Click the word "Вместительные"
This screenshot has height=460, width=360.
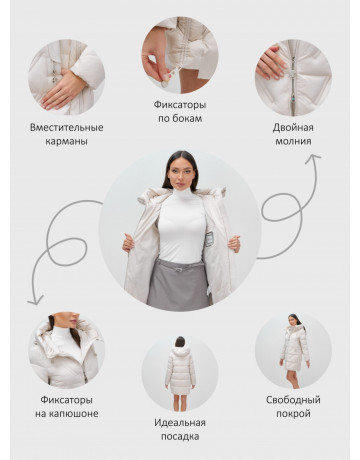coord(67,128)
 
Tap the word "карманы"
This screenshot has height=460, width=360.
coord(67,141)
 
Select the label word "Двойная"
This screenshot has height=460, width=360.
coord(293,128)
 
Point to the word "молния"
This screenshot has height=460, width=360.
coord(293,141)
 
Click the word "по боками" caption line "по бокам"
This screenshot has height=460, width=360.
coord(180,119)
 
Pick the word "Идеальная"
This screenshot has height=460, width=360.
coord(180,423)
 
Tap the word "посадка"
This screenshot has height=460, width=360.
coord(180,437)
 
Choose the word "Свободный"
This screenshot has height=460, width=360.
coord(293,400)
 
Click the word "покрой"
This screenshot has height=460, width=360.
coord(293,414)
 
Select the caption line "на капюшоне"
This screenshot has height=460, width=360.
coord(67,414)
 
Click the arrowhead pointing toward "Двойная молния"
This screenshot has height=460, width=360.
coord(314,159)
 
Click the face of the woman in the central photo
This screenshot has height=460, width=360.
coord(181,174)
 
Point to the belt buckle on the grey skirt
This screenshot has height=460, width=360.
coord(180,269)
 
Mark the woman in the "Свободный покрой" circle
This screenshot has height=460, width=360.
coord(294,351)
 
